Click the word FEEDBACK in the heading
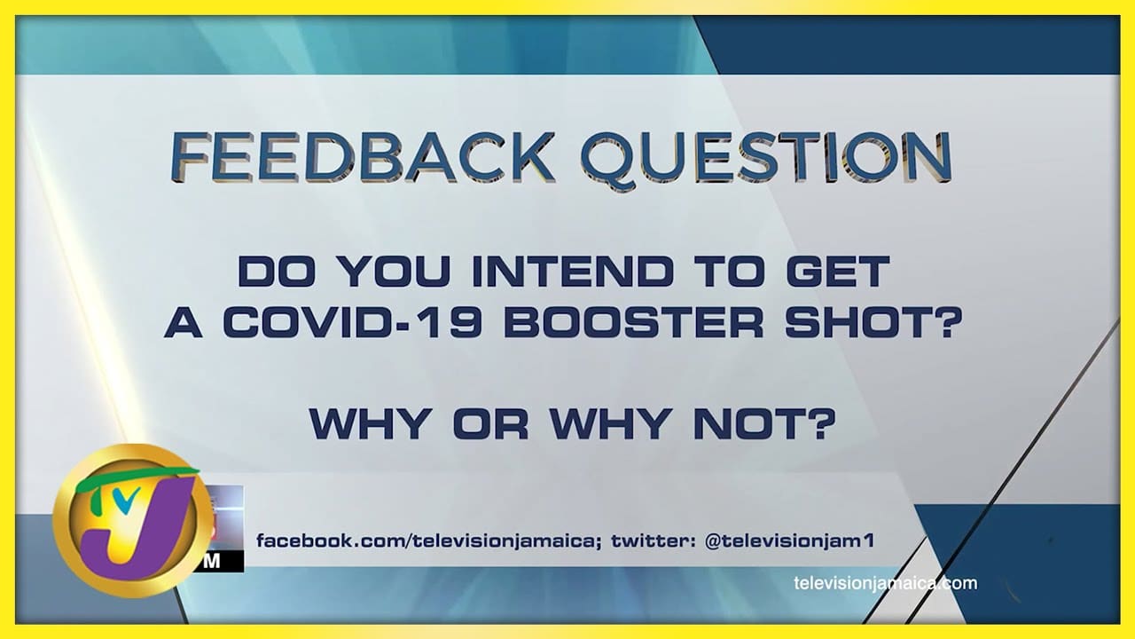click(362, 156)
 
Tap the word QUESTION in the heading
click(766, 158)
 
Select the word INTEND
click(573, 272)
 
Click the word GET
click(838, 272)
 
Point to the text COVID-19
click(352, 322)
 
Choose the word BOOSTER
click(633, 322)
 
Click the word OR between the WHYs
click(490, 423)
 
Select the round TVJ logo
click(133, 520)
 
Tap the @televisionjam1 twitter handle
click(789, 541)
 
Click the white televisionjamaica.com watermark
click(886, 583)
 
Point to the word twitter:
click(654, 541)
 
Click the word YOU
click(395, 272)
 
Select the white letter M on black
click(213, 562)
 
